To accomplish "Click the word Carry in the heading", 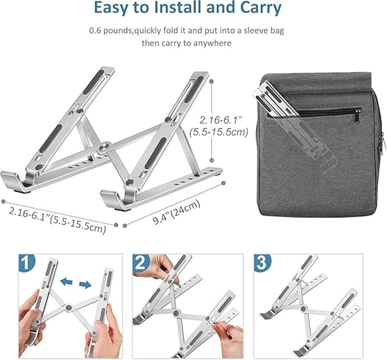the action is (260, 8).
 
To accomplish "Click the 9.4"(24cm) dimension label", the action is (177, 212).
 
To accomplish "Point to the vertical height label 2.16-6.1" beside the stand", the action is (219, 120).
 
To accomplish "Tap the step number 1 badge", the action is (27, 262).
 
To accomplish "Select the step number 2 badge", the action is (141, 262).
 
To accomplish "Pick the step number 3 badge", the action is (262, 262).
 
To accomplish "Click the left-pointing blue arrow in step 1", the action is (66, 281).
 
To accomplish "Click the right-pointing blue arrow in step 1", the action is (85, 285).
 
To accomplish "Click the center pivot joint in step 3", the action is (304, 308).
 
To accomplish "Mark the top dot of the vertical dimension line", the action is (211, 81).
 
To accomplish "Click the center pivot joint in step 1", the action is (69, 308).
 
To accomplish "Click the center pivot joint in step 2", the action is (176, 313).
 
